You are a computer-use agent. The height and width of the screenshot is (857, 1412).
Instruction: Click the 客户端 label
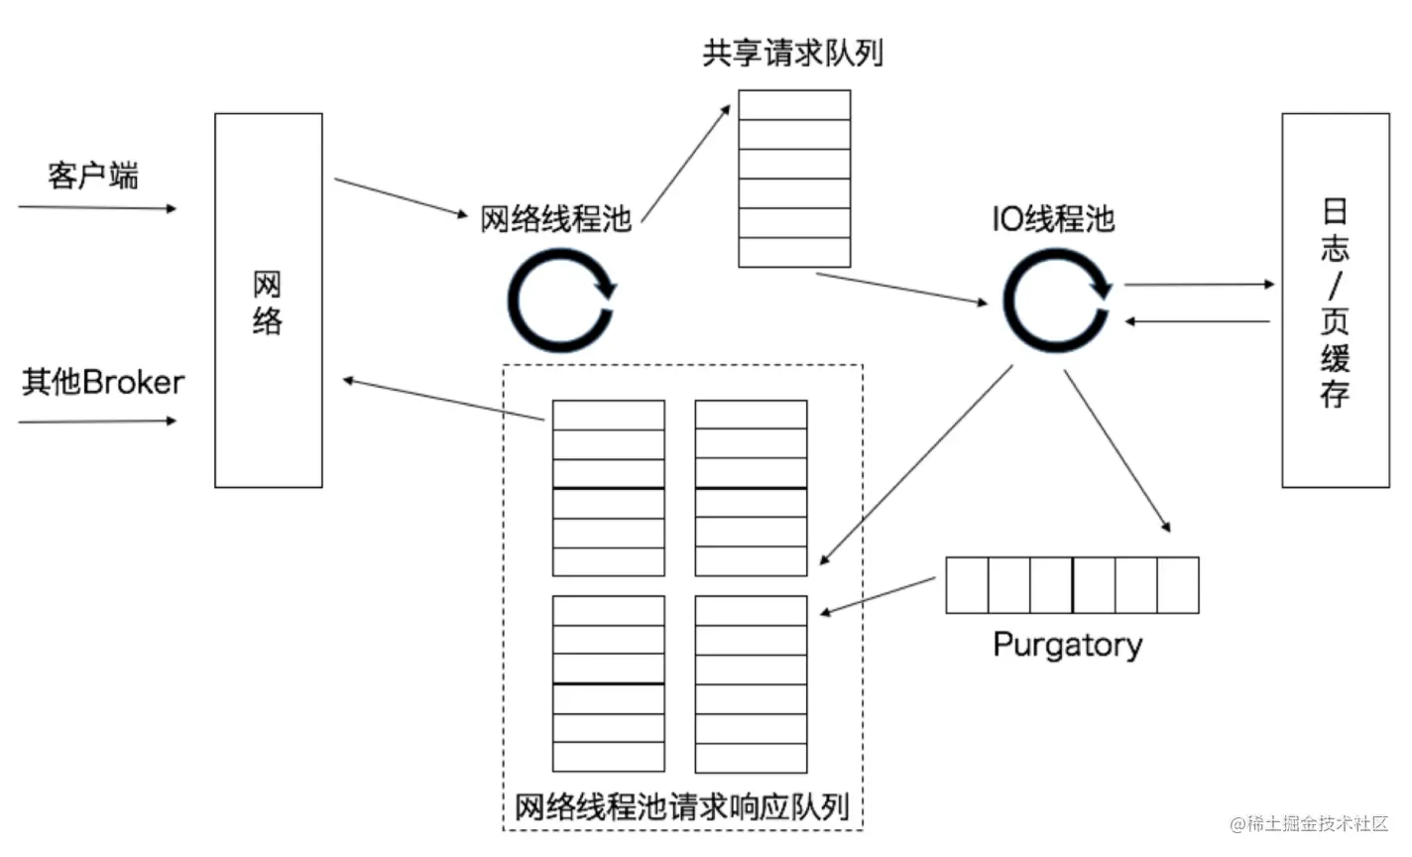coord(93,176)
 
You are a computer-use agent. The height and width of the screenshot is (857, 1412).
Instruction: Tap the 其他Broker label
coord(103,382)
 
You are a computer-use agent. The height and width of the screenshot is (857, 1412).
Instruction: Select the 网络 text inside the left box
coord(268,303)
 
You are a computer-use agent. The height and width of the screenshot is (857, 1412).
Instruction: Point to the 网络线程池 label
coord(555,218)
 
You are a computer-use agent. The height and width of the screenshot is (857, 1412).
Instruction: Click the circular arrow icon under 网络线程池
coord(560,301)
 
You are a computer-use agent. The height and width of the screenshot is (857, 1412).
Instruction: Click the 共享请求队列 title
coord(792,53)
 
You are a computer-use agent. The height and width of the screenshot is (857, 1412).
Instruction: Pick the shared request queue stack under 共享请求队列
coord(794,179)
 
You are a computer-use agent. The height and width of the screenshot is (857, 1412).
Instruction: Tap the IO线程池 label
coord(1053,218)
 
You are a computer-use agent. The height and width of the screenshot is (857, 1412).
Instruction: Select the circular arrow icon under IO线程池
coord(1056,301)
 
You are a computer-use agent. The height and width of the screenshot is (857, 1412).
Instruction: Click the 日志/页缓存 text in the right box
coord(1335,303)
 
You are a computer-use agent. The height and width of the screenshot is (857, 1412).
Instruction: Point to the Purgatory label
coord(1068,645)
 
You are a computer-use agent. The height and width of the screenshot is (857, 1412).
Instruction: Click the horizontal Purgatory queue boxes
coord(1072,585)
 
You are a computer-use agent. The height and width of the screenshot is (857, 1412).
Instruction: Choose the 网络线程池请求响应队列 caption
coord(682,806)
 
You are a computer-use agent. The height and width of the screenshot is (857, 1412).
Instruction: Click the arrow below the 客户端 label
coord(97,208)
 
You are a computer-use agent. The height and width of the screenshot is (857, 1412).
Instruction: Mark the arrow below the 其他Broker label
coord(97,422)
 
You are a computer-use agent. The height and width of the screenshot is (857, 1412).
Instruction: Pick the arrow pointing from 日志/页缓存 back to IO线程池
coord(1197,321)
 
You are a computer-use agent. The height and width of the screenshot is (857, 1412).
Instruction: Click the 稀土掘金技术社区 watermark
coord(1309,823)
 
